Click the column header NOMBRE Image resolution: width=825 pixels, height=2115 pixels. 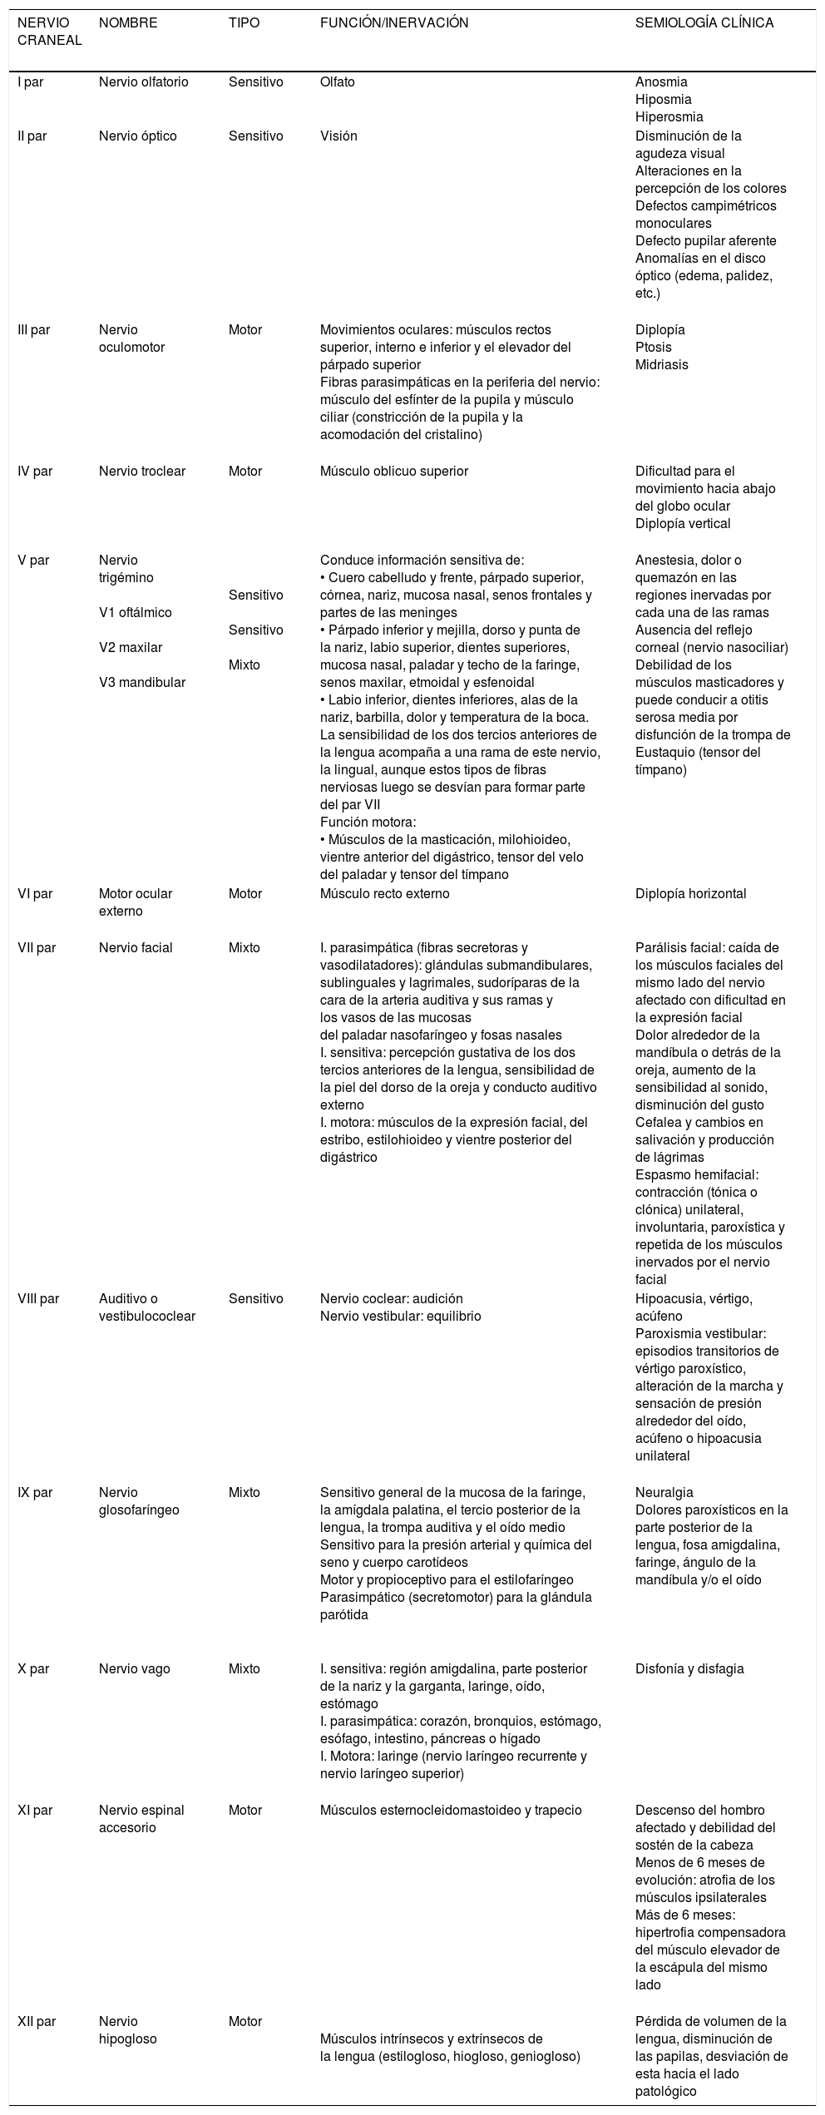(127, 23)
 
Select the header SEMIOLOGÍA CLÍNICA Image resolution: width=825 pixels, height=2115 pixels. (704, 23)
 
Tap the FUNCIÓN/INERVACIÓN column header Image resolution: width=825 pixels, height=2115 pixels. (393, 23)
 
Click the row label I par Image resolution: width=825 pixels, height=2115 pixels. (31, 82)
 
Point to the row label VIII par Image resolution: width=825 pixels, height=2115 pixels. (38, 1298)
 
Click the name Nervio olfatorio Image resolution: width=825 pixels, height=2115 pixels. (143, 82)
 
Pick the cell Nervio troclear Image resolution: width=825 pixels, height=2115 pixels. (141, 472)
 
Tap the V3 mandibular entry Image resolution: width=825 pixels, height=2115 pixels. (141, 682)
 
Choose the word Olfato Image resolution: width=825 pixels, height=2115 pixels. (338, 82)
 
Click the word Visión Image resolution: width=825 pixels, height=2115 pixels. (338, 136)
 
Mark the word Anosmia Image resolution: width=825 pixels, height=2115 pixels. (661, 82)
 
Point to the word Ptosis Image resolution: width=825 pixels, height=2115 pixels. (653, 347)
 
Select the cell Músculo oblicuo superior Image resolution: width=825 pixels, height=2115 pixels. (393, 472)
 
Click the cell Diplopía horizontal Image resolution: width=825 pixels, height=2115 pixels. (690, 894)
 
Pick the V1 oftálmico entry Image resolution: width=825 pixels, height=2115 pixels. (135, 613)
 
